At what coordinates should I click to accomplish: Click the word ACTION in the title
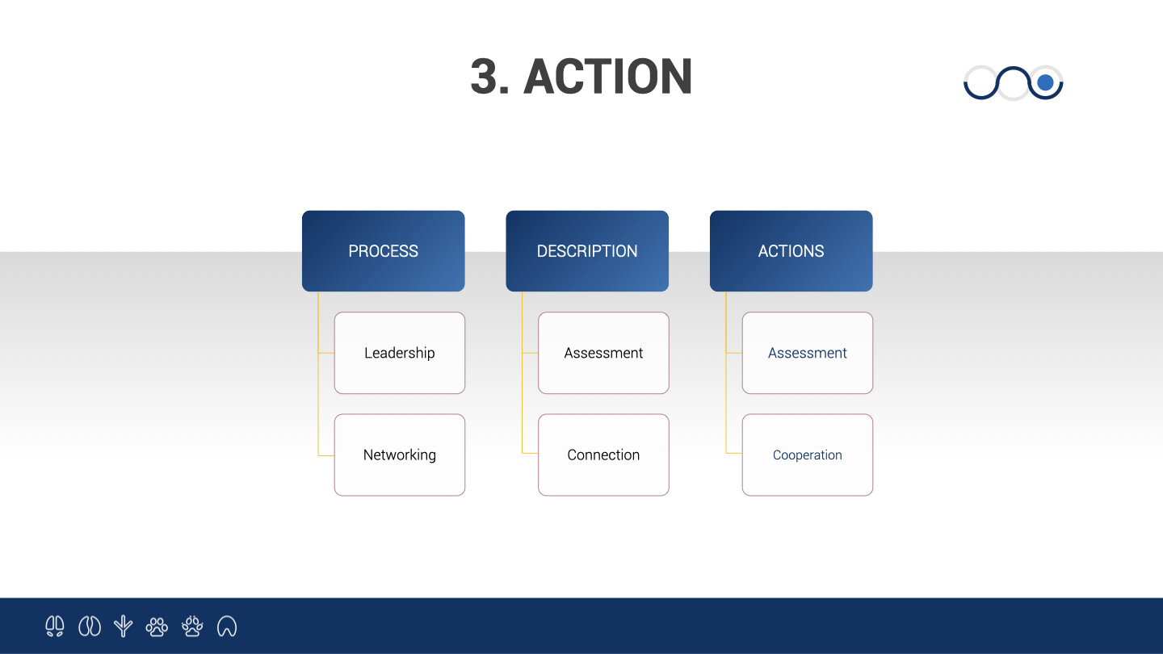click(607, 77)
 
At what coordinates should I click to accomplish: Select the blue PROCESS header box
click(383, 250)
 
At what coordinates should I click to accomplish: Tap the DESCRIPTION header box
click(587, 250)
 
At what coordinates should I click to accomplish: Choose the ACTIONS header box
click(791, 250)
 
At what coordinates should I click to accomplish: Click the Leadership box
click(400, 353)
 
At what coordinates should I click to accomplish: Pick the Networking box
click(400, 455)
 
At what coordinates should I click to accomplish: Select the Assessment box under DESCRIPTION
click(603, 353)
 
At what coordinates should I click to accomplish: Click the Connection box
click(603, 455)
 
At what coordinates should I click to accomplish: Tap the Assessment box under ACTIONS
click(808, 353)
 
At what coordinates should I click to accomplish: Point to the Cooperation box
click(808, 455)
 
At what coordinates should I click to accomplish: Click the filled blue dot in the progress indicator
click(1045, 82)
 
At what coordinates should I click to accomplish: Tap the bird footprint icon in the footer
click(123, 626)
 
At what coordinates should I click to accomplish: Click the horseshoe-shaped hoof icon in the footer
click(227, 626)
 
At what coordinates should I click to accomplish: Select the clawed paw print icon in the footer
click(192, 626)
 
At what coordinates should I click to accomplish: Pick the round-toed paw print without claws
click(157, 627)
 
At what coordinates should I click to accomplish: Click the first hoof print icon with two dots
click(55, 626)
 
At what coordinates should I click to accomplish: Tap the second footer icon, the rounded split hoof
click(90, 626)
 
